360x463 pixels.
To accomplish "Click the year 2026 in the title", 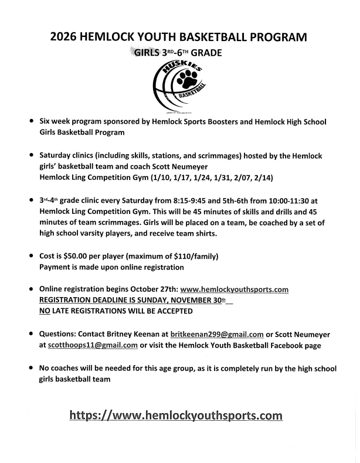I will click(64, 37).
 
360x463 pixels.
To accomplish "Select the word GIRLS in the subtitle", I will click(147, 52).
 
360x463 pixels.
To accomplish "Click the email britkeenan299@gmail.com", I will click(217, 334).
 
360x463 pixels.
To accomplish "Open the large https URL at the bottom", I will click(176, 416).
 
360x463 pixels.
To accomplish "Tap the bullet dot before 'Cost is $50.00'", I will click(30, 256).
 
